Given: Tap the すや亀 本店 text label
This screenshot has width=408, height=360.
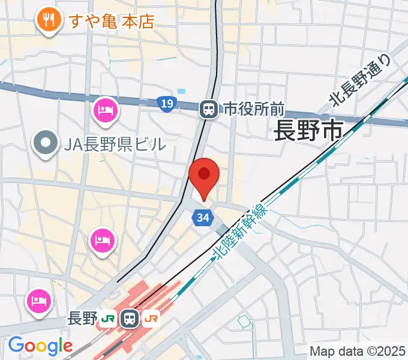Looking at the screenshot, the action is coord(112,22).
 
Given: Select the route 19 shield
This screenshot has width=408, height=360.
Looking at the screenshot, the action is coord(167,104).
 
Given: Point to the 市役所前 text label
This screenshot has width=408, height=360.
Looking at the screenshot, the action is coord(253,109).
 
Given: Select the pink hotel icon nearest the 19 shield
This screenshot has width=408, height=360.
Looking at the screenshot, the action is coord(106,110).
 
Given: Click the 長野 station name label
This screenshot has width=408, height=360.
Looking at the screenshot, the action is coord(82,318).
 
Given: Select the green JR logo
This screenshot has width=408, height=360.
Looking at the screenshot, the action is coord(109,318).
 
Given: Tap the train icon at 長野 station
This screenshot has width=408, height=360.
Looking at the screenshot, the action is coord(130,318).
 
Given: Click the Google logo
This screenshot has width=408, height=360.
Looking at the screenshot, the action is coord(40,346).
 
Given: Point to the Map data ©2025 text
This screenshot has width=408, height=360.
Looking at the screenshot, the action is coord(358,351).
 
